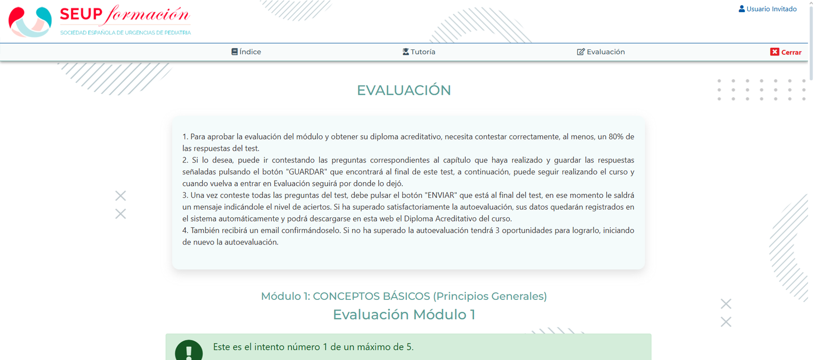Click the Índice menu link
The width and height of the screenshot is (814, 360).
[246, 51]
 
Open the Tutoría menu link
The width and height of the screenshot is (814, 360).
[418, 51]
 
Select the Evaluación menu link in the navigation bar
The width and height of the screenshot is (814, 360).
[601, 51]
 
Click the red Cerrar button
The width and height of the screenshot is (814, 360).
[785, 52]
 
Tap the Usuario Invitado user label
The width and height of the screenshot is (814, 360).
[768, 9]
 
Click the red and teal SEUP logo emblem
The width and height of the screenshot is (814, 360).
[30, 22]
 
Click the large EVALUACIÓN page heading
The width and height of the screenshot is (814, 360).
[404, 90]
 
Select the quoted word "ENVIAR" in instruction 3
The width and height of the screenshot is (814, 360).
[441, 195]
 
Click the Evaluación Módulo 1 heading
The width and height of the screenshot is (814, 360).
[404, 315]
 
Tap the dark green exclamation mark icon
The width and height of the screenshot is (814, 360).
[188, 351]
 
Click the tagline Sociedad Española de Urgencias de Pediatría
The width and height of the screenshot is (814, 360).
[125, 33]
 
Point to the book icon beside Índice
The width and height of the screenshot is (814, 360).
[234, 51]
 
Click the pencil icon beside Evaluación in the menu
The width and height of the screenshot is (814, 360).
[581, 51]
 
